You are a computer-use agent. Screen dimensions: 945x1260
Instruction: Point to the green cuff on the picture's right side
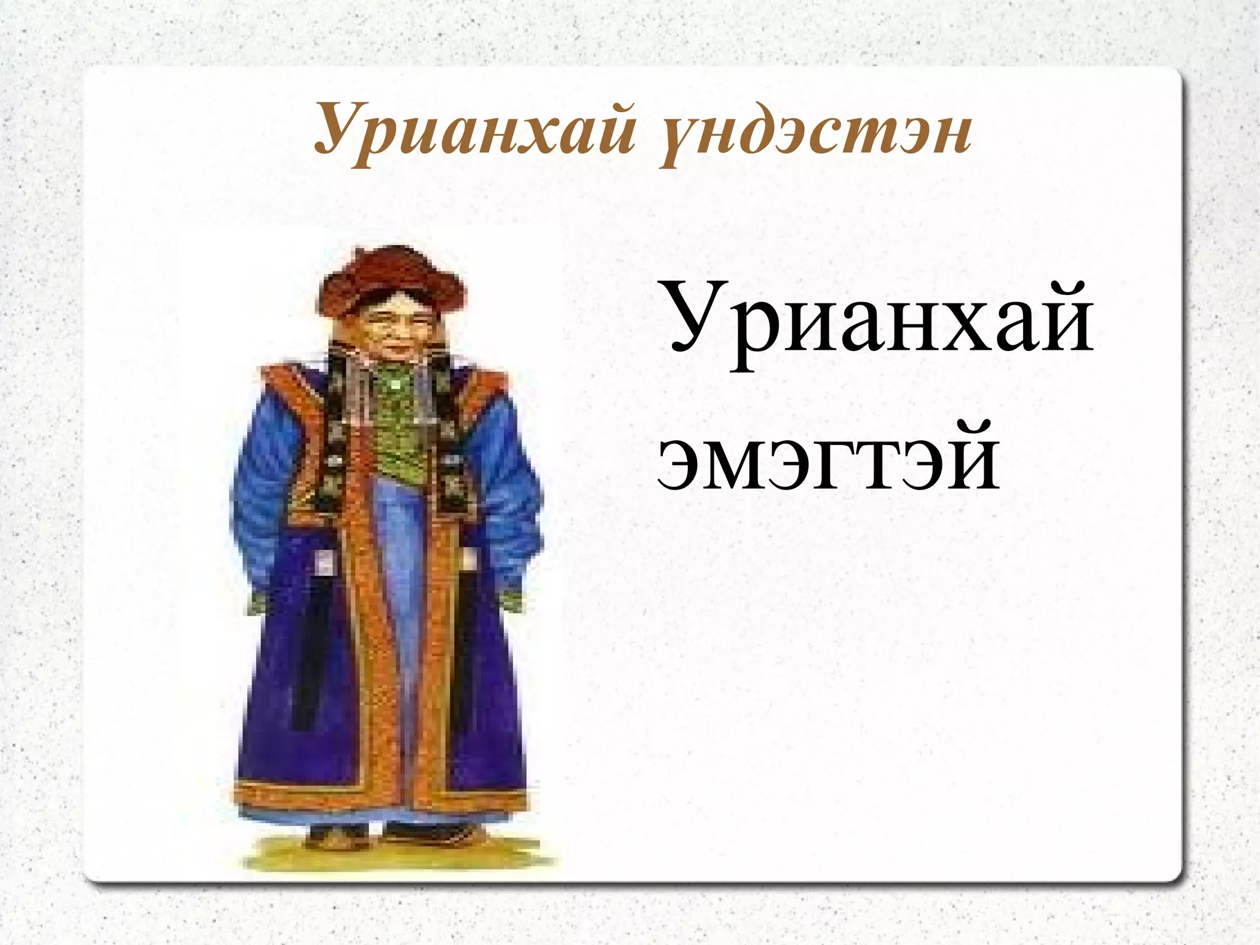point(511,600)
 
